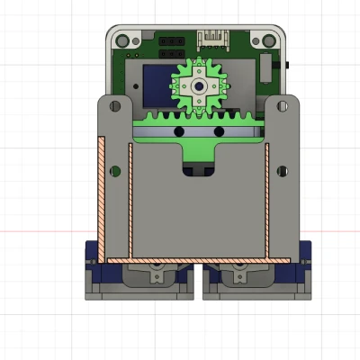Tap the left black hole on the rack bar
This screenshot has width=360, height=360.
[x=179, y=133]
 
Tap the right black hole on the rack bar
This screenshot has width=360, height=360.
[x=218, y=133]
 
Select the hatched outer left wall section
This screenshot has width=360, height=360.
[x=102, y=198]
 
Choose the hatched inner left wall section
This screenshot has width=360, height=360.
[x=130, y=198]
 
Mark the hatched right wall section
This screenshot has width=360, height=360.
[x=267, y=198]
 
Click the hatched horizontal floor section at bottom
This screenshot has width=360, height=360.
[x=198, y=259]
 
